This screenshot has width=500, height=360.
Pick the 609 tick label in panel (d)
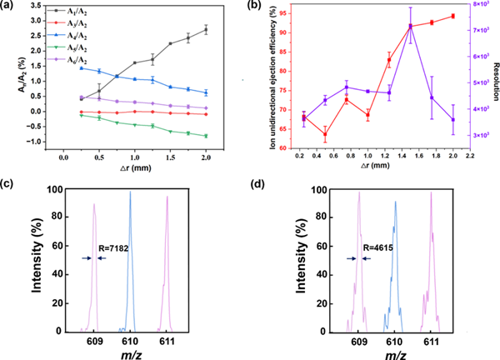click(x=359, y=342)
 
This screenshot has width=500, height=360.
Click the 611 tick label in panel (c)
click(x=167, y=342)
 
